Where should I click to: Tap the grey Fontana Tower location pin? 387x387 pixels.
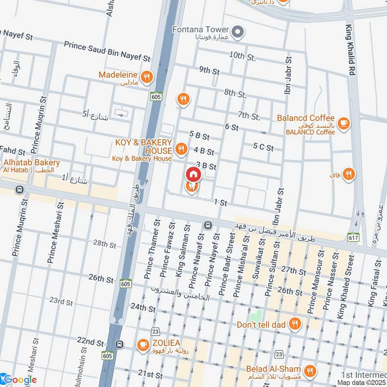[238, 32]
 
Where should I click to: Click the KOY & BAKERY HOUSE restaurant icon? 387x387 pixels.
[181, 149]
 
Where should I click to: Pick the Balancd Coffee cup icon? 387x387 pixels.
[343, 124]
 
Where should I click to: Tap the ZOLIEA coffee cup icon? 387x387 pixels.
[143, 344]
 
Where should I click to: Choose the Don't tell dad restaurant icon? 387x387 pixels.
[294, 324]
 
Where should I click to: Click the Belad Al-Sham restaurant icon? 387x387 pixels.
[310, 371]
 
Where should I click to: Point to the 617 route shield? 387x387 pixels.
[353, 237]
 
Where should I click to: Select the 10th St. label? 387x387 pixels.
[242, 57]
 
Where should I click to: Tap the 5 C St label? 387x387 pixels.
[263, 147]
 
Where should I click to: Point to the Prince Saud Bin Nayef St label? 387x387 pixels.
[107, 50]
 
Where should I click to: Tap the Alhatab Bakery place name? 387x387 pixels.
[32, 163]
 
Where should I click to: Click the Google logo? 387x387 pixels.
[19, 380]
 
